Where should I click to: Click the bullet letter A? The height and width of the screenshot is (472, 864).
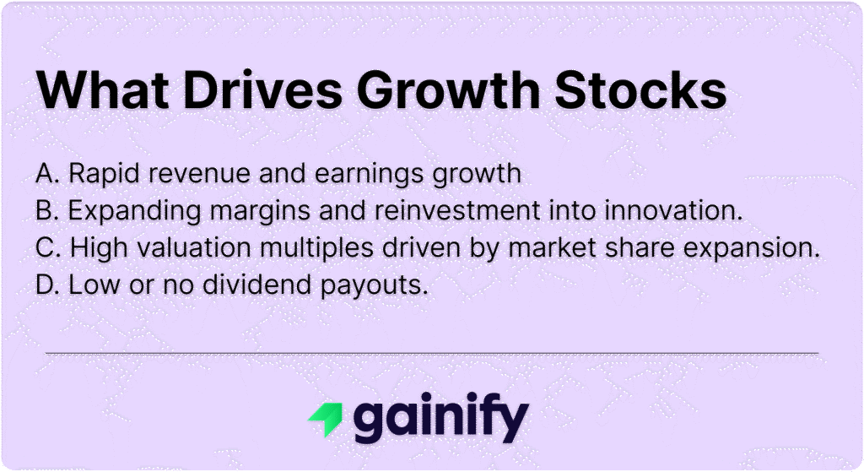point(46,174)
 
